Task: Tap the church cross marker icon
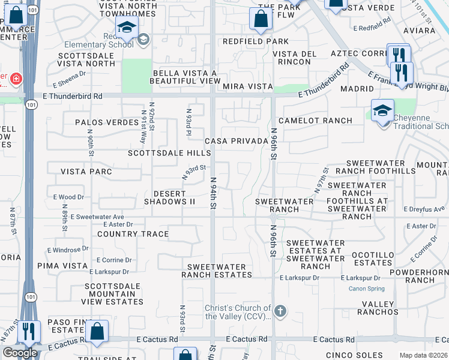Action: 280,311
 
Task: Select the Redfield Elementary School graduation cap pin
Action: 127,27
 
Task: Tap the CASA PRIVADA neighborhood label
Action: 236,141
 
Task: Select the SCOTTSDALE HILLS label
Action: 169,153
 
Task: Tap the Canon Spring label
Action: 367,289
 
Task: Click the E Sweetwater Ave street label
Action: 97,217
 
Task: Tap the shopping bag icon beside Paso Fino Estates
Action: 96,332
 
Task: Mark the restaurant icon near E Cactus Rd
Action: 28,332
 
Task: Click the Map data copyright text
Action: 423,355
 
